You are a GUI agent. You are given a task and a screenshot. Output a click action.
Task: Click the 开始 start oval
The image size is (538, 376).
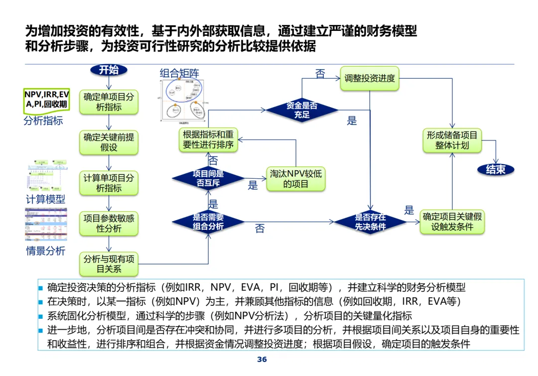(109, 70)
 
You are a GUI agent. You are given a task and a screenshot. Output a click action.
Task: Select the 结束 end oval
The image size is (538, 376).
(496, 169)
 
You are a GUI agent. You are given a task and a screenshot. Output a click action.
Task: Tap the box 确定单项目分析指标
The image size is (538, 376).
(109, 102)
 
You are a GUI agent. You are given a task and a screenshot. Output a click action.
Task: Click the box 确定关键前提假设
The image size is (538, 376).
(109, 142)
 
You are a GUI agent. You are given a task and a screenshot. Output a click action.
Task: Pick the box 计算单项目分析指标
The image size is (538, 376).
(109, 183)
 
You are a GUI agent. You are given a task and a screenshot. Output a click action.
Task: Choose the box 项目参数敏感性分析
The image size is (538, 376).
(109, 224)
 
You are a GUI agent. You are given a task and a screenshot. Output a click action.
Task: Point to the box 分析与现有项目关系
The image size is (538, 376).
(109, 264)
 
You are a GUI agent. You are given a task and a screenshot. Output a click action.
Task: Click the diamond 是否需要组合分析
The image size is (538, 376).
(208, 222)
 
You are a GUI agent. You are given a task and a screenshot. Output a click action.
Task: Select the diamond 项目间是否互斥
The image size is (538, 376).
(208, 179)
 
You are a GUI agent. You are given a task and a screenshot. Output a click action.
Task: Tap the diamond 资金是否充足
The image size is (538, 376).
(301, 110)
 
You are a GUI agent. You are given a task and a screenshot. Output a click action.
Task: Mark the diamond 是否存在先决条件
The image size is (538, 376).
(370, 222)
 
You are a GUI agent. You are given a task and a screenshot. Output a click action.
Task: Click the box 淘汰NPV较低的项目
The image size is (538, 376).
(296, 179)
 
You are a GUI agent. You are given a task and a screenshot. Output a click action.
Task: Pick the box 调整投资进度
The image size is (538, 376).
(370, 78)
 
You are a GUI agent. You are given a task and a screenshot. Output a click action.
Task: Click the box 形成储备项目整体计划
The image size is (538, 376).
(452, 140)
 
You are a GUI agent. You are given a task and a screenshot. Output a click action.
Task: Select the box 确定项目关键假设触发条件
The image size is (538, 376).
(452, 222)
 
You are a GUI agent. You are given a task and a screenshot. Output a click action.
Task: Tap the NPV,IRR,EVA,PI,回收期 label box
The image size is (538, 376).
(46, 100)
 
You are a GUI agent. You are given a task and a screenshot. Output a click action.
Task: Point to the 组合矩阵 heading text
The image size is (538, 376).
(182, 73)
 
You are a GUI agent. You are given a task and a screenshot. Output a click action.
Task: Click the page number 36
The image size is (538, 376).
(262, 360)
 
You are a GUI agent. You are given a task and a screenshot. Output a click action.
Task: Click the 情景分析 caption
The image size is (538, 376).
(45, 251)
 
